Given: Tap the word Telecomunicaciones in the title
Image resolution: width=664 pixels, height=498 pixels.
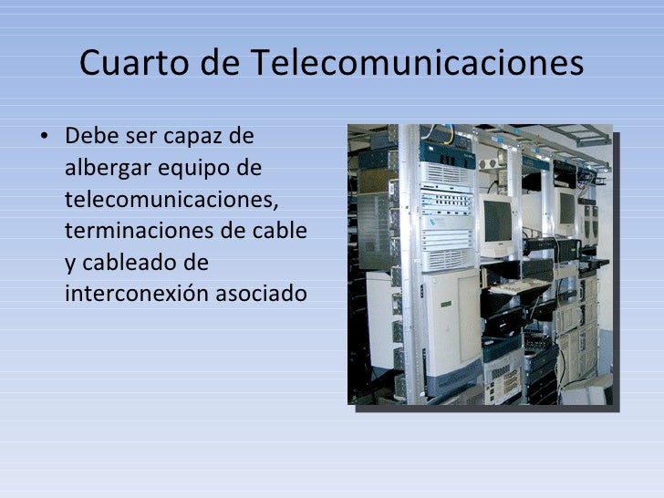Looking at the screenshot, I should [x=416, y=63].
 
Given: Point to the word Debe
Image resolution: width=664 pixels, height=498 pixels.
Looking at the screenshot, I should [x=91, y=140].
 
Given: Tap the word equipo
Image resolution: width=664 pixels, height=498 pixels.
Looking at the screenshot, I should [x=205, y=171].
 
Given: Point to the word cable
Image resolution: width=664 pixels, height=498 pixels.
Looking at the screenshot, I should [x=284, y=232].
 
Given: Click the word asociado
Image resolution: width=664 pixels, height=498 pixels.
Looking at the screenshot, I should [x=264, y=295].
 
